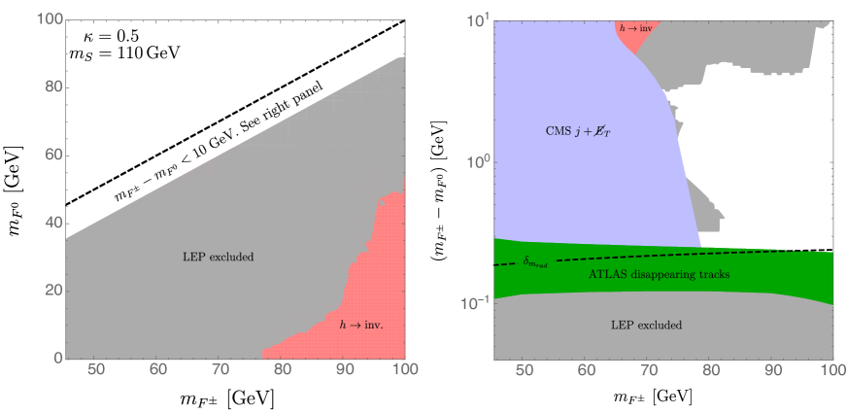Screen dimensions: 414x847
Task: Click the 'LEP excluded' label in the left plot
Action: (218, 258)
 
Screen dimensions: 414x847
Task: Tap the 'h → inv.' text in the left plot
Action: (361, 325)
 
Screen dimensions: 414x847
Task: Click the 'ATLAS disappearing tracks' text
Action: (659, 275)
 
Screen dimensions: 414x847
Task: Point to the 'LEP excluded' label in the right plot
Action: (645, 325)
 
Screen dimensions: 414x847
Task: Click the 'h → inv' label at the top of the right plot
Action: (636, 29)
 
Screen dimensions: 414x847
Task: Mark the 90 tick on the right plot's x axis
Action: (771, 370)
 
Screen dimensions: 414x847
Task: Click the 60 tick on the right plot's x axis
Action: (586, 370)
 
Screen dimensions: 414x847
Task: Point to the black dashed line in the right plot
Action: (680, 254)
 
